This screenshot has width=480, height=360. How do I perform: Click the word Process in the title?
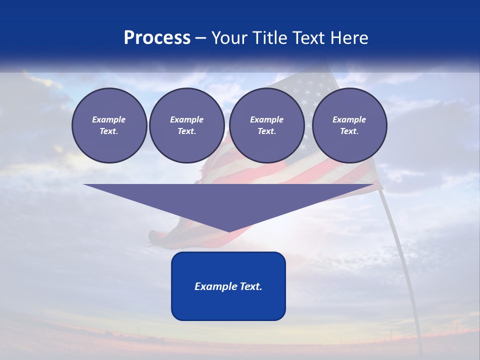157,38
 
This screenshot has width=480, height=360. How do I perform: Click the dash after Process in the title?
200,38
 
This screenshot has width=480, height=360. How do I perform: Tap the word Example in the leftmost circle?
109,119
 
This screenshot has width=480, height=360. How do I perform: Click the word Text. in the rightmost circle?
349,131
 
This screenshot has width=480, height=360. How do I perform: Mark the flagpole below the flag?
400,250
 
